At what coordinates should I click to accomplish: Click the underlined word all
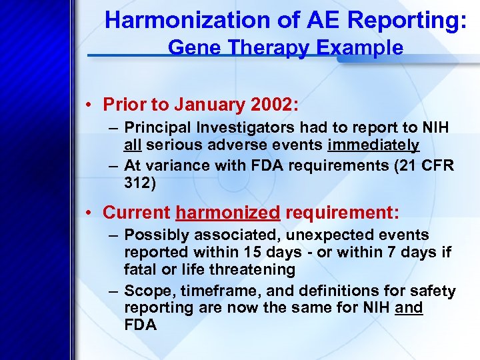[132, 145]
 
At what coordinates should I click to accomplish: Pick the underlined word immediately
[373, 145]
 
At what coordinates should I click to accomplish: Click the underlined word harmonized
[227, 213]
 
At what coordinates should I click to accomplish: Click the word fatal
[141, 270]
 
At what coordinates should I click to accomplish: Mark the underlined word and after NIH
[409, 309]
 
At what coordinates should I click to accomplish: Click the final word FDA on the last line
[140, 326]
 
